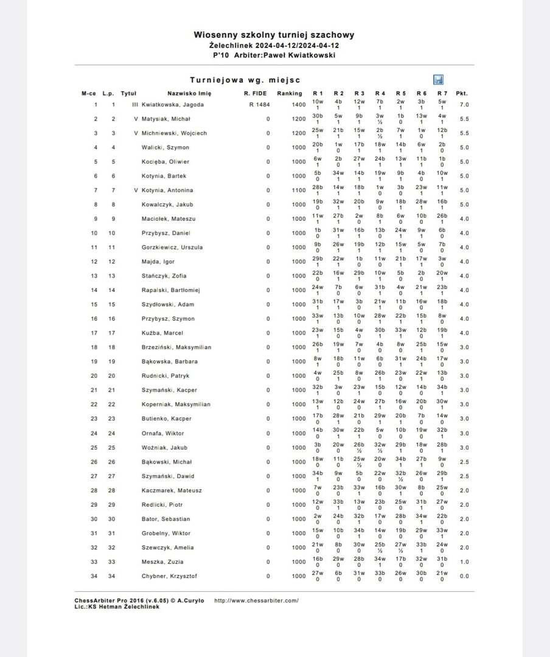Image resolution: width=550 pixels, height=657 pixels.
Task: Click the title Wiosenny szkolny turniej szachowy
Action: point(274,35)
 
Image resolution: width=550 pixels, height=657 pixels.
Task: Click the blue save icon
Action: point(438,80)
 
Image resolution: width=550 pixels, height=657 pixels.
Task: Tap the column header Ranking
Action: point(289,94)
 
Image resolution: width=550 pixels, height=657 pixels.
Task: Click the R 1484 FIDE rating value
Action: point(259,105)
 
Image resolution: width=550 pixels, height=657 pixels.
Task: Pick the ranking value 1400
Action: point(298,105)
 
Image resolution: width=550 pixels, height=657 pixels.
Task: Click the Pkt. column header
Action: point(462,94)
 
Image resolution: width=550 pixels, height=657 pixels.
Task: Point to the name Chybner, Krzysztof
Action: point(170,576)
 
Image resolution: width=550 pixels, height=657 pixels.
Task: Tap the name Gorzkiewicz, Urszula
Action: point(172,248)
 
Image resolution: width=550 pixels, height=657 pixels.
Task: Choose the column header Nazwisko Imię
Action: point(189,94)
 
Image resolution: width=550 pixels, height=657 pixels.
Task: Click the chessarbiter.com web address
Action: point(256,600)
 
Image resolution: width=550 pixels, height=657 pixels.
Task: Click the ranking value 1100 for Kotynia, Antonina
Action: point(298,190)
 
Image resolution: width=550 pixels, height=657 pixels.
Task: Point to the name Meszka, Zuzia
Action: point(162,562)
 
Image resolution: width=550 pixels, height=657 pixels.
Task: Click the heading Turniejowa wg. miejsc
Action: point(245,80)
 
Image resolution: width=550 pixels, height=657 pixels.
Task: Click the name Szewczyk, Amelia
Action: point(168,547)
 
